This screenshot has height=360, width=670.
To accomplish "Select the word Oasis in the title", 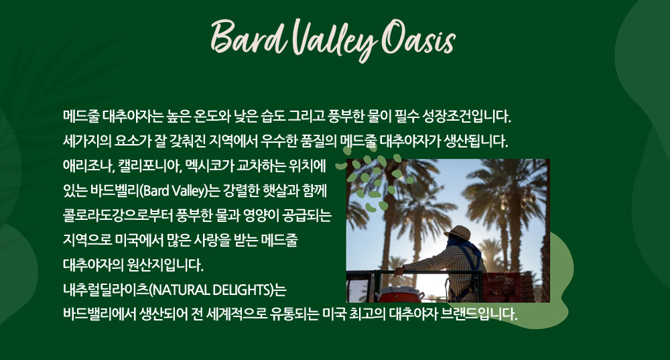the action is point(419,38).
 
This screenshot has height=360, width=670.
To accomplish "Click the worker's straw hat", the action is point(458,233).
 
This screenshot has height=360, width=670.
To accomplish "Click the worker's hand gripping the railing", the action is point(399,271).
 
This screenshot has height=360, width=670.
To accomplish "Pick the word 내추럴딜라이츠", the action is point(106,290).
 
